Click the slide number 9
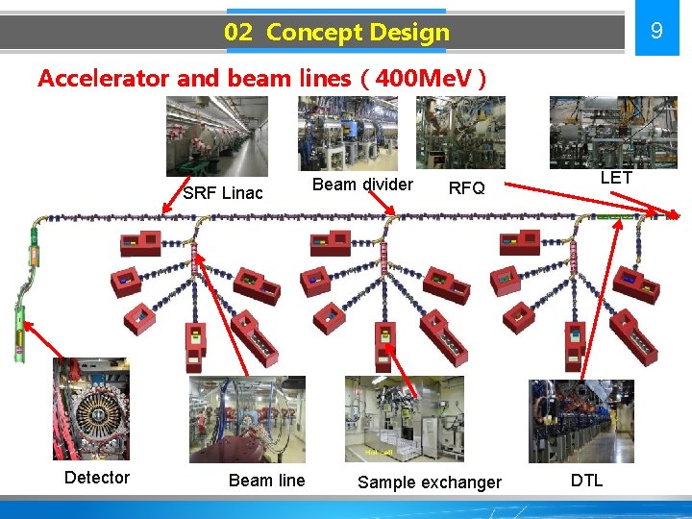pos(656,31)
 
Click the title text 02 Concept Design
pos(336,32)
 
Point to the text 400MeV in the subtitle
pos(432,79)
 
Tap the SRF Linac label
pos(222,192)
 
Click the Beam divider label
pos(363,185)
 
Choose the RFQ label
pos(467,187)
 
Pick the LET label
pos(616,177)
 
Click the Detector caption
pos(96,478)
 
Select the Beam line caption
pos(266,480)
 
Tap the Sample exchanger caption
pos(430,482)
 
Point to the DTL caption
pos(586,480)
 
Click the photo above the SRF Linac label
pos(216,136)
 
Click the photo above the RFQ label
pos(459,133)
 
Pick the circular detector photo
pos(90,408)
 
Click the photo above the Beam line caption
pos(247,419)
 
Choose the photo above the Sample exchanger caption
pos(404,418)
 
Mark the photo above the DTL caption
pos(567,421)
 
